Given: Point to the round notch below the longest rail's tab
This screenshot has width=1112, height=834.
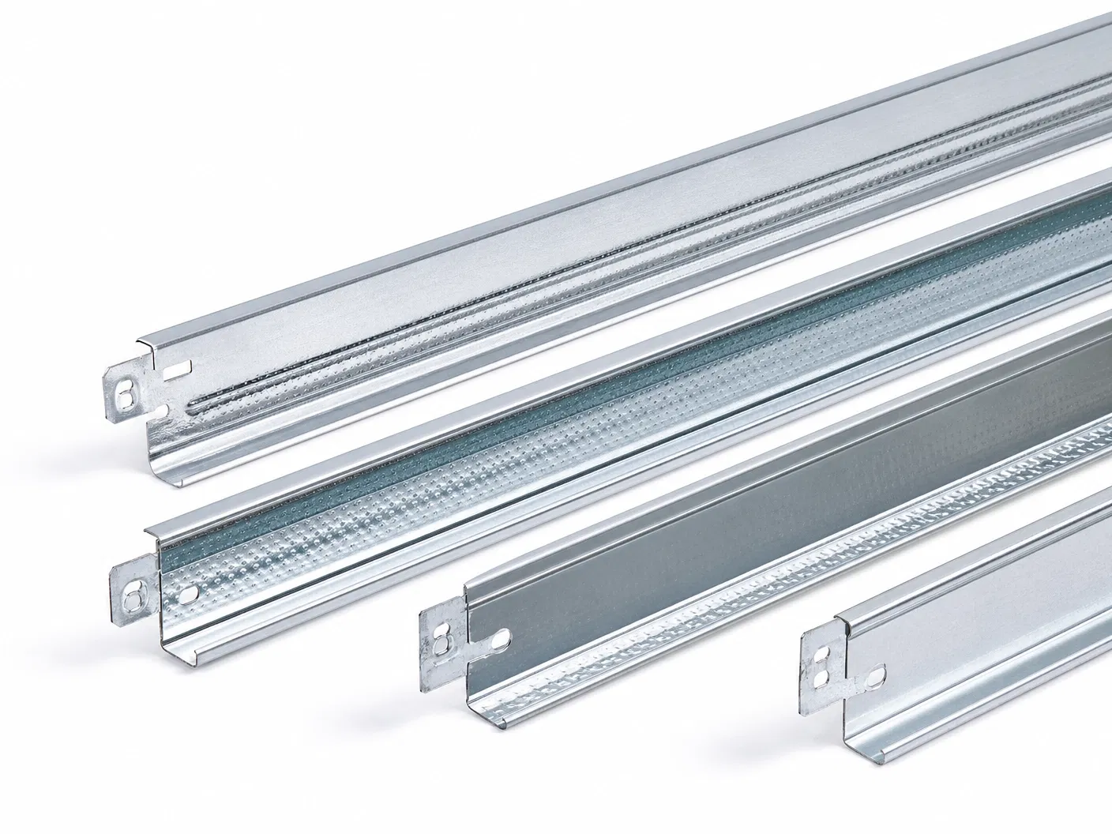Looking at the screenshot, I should click(163, 410).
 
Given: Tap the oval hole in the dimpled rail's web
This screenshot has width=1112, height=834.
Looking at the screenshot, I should click(188, 591).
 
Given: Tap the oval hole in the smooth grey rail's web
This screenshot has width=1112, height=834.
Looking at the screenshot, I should click(502, 633).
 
